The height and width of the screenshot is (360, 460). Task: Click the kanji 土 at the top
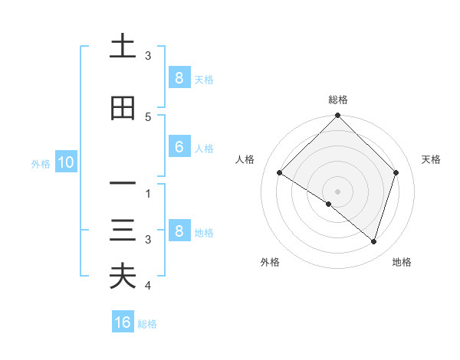pos(123,47)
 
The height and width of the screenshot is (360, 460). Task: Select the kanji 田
pos(123,109)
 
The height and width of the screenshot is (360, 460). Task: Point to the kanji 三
pos(123,231)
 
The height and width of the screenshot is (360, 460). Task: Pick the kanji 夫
pos(123,276)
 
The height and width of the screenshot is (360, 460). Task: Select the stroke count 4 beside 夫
pos(148,286)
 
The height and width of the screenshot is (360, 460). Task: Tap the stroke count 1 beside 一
pos(148,194)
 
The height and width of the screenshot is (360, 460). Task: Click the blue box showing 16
pos(123,322)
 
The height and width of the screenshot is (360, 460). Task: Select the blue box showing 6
pos(179,147)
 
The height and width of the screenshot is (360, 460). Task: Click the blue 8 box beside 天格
pos(179,77)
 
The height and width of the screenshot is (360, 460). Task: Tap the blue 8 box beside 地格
pos(179,231)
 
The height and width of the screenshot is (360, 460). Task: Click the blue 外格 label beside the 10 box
pos(41,162)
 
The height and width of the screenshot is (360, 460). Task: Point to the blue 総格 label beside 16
pos(147,323)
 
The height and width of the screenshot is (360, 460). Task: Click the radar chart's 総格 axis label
pos(338,100)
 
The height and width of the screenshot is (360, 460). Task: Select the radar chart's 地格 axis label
pos(402,262)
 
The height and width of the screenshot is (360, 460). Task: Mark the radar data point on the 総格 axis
pos(338,116)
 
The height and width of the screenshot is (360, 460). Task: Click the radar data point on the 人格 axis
pos(280,173)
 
